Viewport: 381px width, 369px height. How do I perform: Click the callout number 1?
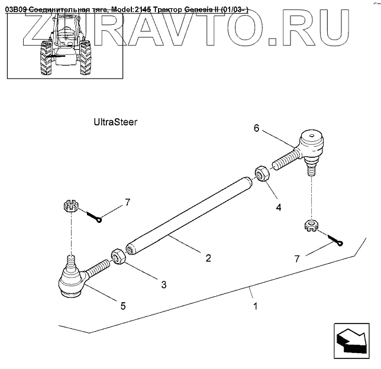(x=255, y=307)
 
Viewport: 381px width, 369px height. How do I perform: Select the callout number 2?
(x=208, y=258)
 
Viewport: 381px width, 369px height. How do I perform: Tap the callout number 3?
(x=163, y=284)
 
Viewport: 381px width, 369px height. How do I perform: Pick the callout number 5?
(x=123, y=306)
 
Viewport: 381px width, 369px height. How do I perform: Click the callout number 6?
(x=256, y=127)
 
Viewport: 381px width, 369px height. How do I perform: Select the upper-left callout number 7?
(x=127, y=203)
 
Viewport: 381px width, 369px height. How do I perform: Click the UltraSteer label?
(x=115, y=122)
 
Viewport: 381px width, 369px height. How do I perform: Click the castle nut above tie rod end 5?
(x=70, y=206)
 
